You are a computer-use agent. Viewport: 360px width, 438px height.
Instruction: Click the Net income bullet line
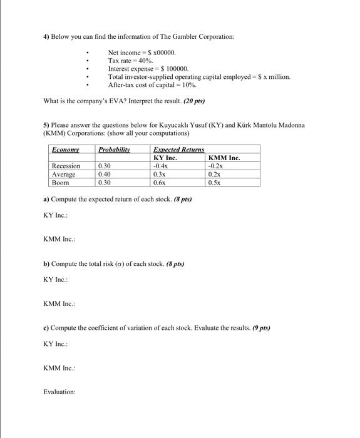click(x=143, y=53)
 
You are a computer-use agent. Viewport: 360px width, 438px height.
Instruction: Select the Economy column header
click(x=66, y=150)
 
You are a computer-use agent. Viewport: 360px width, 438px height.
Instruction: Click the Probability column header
click(x=113, y=150)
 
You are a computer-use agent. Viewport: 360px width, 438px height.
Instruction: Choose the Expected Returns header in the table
click(x=178, y=150)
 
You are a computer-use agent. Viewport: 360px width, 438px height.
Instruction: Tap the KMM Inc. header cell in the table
click(x=224, y=158)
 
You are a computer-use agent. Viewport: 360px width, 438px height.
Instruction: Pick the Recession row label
click(x=66, y=166)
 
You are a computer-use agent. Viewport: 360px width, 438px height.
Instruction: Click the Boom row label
click(x=61, y=183)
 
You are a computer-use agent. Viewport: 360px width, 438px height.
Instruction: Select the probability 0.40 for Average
click(x=105, y=175)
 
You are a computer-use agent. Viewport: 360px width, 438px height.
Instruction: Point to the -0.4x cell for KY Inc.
click(x=160, y=166)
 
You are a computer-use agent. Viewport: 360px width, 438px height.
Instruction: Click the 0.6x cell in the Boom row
click(x=159, y=183)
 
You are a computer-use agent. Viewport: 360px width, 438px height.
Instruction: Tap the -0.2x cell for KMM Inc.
click(x=215, y=166)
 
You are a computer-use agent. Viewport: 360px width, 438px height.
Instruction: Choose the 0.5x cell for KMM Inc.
click(x=214, y=183)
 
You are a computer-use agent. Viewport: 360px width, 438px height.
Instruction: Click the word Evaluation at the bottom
click(x=59, y=392)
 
